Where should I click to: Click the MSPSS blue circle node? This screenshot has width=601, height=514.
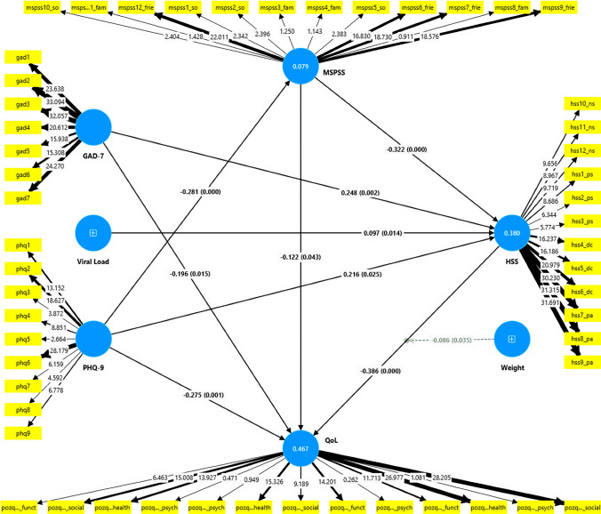[x=300, y=66]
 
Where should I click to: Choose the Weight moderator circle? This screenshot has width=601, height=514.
[x=510, y=339]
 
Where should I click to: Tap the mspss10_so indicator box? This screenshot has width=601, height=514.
[x=25, y=7]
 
